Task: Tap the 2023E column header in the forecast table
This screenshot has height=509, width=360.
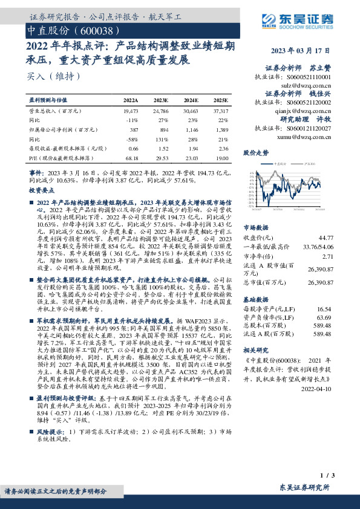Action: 161,100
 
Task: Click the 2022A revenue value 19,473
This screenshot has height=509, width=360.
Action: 131,112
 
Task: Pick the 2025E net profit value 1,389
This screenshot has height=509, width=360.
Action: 221,129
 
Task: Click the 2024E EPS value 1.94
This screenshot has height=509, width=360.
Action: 191,148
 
